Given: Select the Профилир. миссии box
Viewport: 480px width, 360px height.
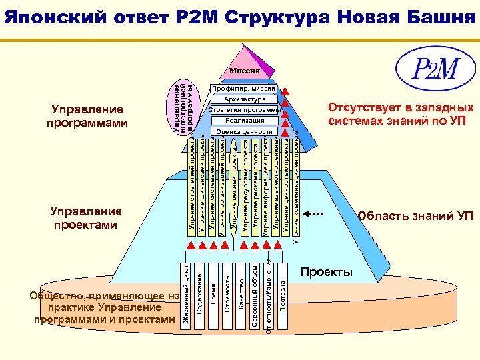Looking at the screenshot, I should (244, 89).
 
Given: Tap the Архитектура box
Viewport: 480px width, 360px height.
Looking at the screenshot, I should (244, 99).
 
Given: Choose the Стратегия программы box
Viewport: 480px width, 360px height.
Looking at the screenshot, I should (244, 110).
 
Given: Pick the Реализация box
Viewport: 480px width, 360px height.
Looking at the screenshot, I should (244, 121).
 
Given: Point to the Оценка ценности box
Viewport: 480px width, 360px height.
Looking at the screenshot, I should (244, 132).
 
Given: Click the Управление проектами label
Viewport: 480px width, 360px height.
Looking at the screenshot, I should (85, 217).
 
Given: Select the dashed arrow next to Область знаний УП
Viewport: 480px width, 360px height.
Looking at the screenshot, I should (317, 215).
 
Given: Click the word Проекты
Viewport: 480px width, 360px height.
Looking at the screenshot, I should (326, 273).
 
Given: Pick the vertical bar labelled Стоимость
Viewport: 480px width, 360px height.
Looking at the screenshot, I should (227, 293).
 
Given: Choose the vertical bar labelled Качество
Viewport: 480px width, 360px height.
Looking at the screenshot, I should (241, 293).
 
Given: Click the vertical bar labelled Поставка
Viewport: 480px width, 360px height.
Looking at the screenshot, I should (283, 293).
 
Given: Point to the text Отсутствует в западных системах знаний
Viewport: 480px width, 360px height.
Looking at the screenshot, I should (400, 114).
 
